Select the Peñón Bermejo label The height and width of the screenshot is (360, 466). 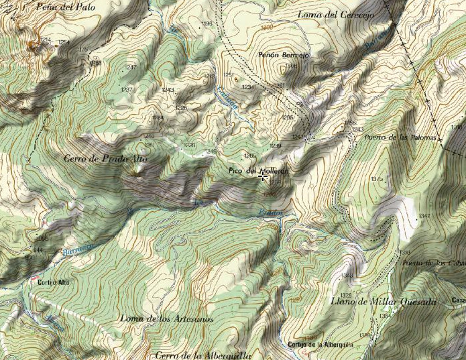(283, 56)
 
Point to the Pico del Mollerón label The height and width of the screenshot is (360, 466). (258, 171)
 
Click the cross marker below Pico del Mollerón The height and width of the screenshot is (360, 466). (262, 178)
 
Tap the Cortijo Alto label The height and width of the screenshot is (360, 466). (54, 282)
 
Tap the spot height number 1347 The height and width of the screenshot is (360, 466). (424, 216)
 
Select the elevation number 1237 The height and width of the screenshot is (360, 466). (126, 90)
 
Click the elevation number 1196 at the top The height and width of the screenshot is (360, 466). (207, 24)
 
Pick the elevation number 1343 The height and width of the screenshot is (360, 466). (347, 276)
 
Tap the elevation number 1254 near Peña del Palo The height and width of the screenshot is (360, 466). (64, 42)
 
